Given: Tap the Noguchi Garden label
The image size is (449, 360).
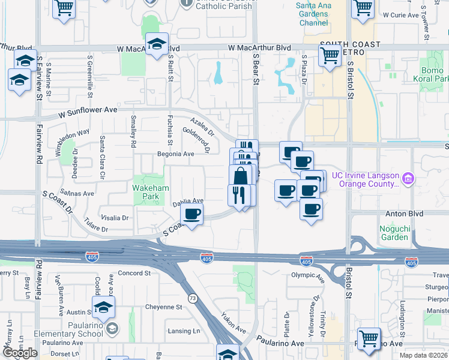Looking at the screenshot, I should click(x=394, y=232).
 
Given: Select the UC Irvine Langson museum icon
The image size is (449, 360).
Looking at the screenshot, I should click(x=409, y=178).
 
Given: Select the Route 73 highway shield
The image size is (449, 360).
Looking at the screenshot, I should click(x=192, y=298).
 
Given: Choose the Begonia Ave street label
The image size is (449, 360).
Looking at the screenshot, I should click(x=176, y=154).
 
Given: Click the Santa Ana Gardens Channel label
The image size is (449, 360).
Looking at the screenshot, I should click(x=312, y=15).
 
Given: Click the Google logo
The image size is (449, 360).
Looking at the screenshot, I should click(x=20, y=353).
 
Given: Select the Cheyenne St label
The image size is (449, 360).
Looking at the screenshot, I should click(x=163, y=307).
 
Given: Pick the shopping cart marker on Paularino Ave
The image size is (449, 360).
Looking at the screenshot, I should click(x=368, y=338).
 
